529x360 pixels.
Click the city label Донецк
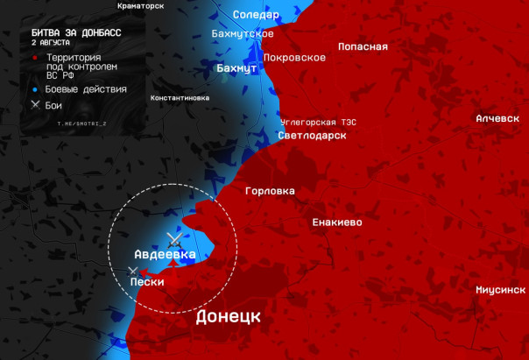click(x=228, y=316)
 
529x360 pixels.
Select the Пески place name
click(x=147, y=282)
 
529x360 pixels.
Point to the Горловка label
click(x=270, y=191)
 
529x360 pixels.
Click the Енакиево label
click(x=337, y=222)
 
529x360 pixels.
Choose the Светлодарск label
click(x=313, y=136)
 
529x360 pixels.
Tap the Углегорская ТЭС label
click(x=319, y=121)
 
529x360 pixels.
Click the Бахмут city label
click(x=236, y=67)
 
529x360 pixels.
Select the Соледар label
click(x=256, y=15)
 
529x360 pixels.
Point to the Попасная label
click(x=363, y=46)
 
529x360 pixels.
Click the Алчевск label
click(x=497, y=118)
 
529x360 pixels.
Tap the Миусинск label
click(x=500, y=289)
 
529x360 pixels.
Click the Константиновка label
click(x=180, y=98)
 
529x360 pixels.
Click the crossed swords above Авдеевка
click(x=174, y=237)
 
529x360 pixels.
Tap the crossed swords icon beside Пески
click(x=133, y=272)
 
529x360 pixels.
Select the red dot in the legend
click(x=34, y=57)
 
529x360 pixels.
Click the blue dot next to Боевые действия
click(x=34, y=89)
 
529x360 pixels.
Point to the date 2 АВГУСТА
click(x=50, y=42)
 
